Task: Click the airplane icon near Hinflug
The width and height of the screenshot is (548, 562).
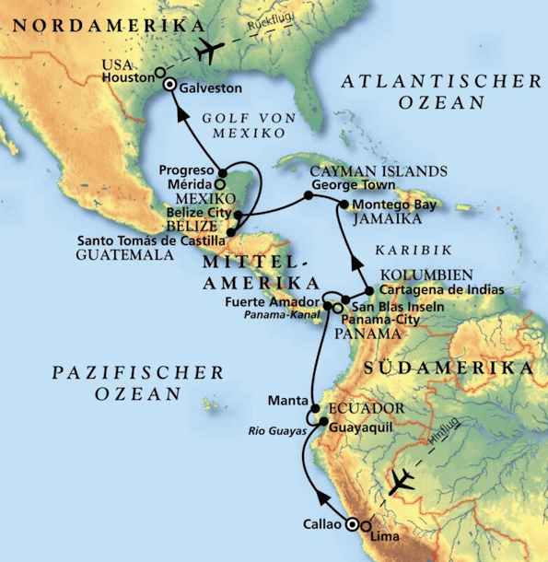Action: pos(403,481)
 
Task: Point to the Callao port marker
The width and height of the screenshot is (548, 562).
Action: pos(351,523)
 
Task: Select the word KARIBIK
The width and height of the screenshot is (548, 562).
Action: pos(402,250)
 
